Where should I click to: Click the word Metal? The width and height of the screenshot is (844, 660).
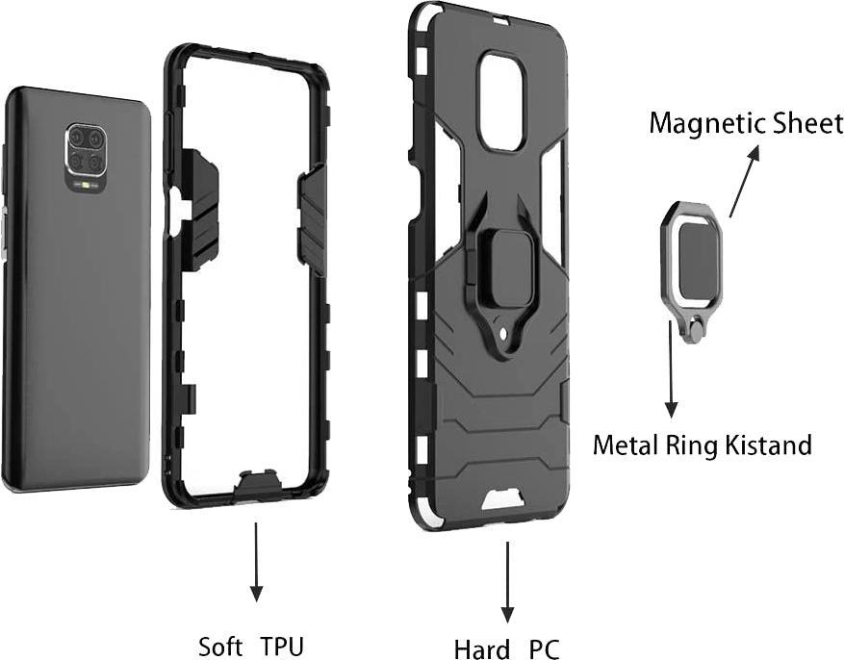click(623, 445)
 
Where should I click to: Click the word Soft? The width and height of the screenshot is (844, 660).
click(221, 646)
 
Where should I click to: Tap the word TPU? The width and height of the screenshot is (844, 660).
click(282, 646)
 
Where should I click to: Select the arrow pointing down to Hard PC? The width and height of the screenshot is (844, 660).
click(507, 582)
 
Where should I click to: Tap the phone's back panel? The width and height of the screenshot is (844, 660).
click(77, 317)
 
